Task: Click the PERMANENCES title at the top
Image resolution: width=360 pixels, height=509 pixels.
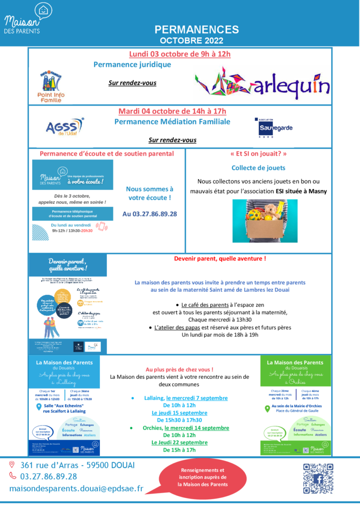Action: [196, 29]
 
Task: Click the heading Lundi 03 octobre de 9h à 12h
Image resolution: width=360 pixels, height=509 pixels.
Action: [180, 54]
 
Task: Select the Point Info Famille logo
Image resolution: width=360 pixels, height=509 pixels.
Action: [55, 85]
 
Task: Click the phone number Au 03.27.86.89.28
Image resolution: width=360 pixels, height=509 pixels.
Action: [150, 214]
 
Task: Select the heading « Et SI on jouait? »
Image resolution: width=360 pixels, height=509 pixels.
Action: [259, 154]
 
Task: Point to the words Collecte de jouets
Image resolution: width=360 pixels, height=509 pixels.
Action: [259, 168]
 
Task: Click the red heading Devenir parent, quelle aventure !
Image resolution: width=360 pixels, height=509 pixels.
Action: [220, 258]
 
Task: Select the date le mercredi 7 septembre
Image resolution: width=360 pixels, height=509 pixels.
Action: [197, 398]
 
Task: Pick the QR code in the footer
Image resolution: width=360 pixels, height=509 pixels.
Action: [318, 478]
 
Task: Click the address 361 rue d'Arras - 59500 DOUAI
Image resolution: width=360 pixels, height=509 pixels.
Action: [77, 465]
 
